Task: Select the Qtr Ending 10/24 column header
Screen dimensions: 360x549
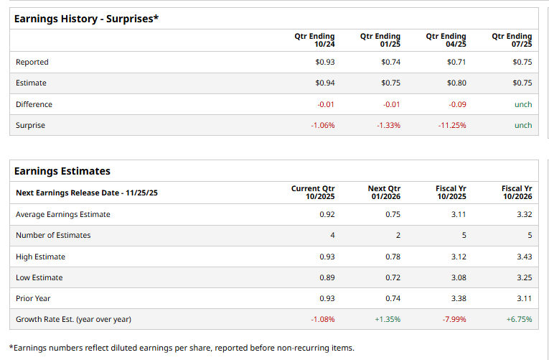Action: click(x=314, y=40)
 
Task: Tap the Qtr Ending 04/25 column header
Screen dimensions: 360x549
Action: click(x=446, y=40)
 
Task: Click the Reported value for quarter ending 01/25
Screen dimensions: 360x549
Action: click(x=391, y=62)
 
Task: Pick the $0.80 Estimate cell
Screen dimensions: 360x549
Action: click(x=456, y=83)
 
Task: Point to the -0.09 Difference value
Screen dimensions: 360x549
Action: click(x=457, y=104)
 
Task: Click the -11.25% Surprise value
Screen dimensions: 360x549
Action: click(x=452, y=125)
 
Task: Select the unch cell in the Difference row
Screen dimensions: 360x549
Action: click(x=523, y=104)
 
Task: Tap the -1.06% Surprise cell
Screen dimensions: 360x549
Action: click(x=322, y=125)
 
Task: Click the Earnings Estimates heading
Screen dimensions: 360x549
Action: click(x=62, y=171)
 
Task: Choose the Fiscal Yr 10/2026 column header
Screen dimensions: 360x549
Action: click(x=517, y=193)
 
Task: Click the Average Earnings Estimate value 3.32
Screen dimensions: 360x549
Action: click(x=524, y=214)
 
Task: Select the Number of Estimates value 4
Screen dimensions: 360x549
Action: click(x=332, y=235)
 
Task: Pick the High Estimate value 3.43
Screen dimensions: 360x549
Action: click(x=524, y=257)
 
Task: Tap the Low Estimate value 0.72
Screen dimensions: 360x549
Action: click(x=392, y=277)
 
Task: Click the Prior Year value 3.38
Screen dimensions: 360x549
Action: click(x=458, y=298)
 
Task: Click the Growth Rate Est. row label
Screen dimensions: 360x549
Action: click(x=73, y=319)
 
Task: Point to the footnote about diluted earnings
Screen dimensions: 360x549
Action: click(x=182, y=348)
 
